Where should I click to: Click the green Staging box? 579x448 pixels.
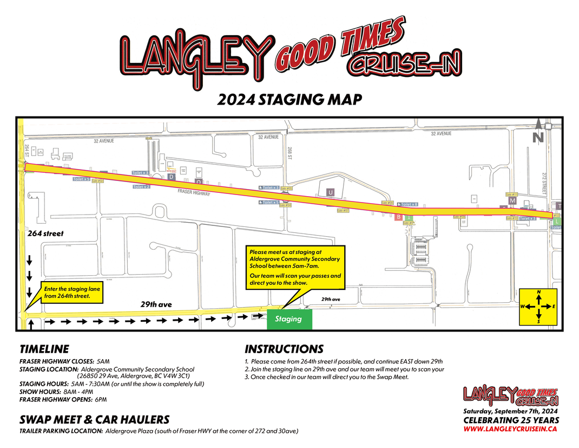pyautogui.click(x=289, y=319)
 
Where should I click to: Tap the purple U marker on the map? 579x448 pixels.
pyautogui.click(x=331, y=192)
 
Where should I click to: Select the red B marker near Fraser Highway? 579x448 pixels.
pyautogui.click(x=398, y=217)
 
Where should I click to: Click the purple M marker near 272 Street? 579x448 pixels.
pyautogui.click(x=512, y=201)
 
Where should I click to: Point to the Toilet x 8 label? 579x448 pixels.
pyautogui.click(x=407, y=204)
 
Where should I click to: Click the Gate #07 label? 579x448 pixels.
pyautogui.click(x=342, y=211)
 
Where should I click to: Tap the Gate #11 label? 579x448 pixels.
pyautogui.click(x=511, y=194)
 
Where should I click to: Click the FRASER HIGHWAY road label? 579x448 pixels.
pyautogui.click(x=194, y=192)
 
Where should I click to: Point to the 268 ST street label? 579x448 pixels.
pyautogui.click(x=290, y=153)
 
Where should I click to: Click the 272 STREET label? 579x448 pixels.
pyautogui.click(x=544, y=185)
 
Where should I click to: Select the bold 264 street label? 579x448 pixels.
pyautogui.click(x=45, y=233)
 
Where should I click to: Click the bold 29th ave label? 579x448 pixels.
pyautogui.click(x=156, y=304)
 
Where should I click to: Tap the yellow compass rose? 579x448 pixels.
pyautogui.click(x=538, y=307)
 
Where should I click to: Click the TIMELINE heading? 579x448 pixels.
pyautogui.click(x=44, y=349)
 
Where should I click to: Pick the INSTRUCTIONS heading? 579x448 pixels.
pyautogui.click(x=284, y=349)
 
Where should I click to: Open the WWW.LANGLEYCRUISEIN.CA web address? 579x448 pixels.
pyautogui.click(x=510, y=428)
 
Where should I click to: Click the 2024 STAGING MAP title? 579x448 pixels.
pyautogui.click(x=289, y=100)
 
